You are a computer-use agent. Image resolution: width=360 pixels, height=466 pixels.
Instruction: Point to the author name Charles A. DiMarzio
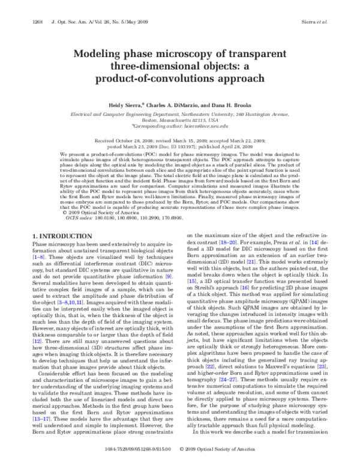click(170, 104)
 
